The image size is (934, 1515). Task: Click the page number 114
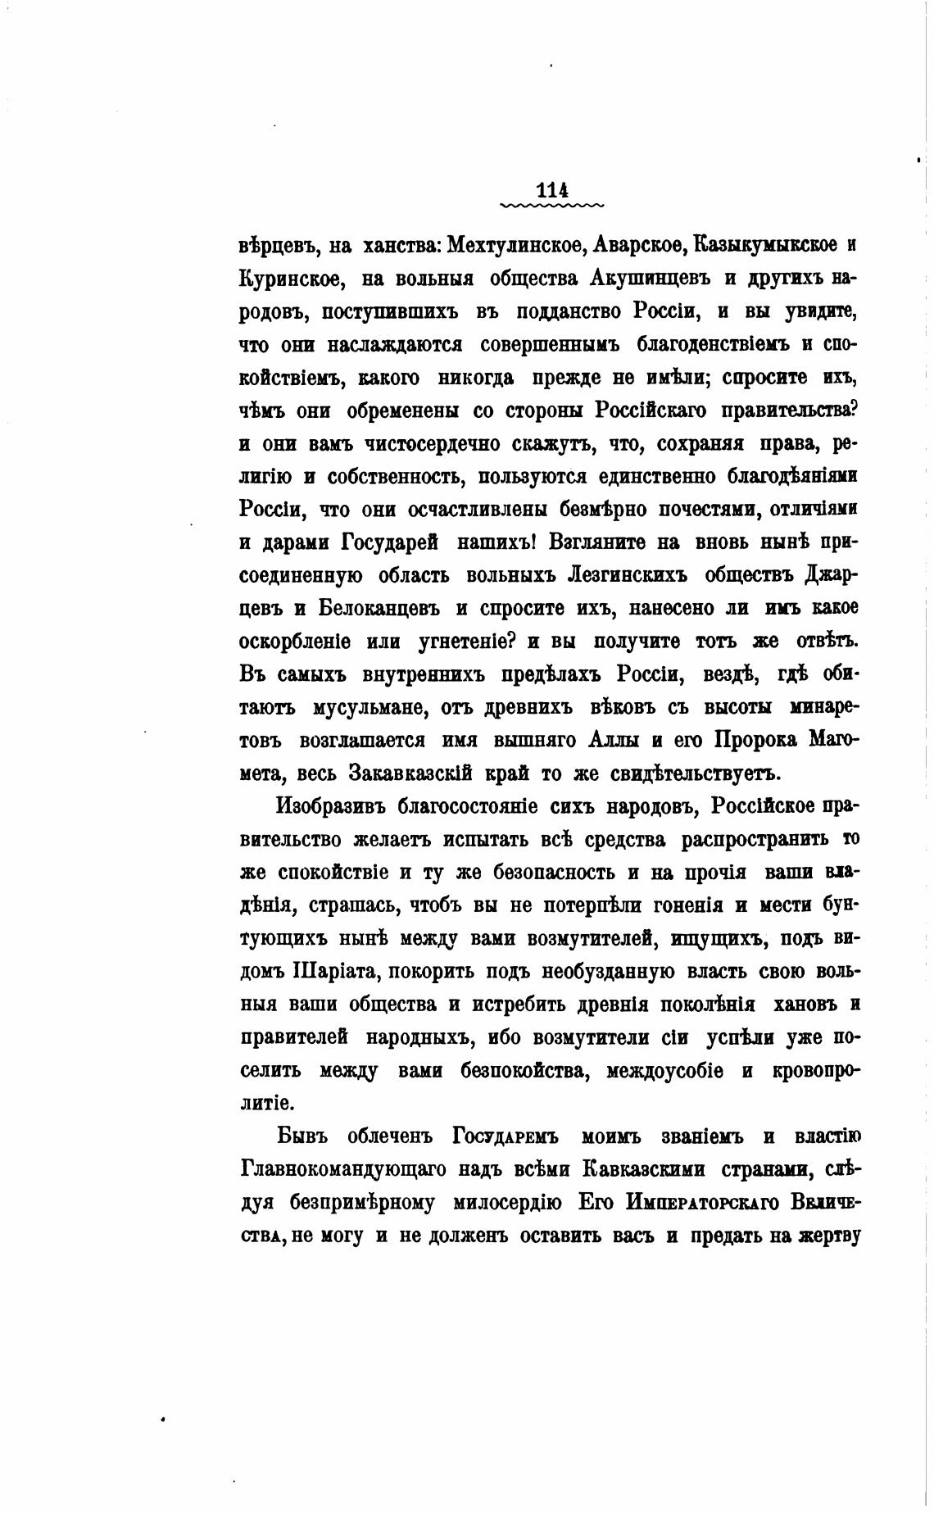click(x=551, y=190)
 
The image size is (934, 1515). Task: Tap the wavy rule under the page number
click(x=551, y=205)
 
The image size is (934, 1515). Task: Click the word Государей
click(x=388, y=542)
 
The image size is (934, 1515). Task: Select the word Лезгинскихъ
click(x=627, y=575)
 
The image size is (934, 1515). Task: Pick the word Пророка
click(x=755, y=740)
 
